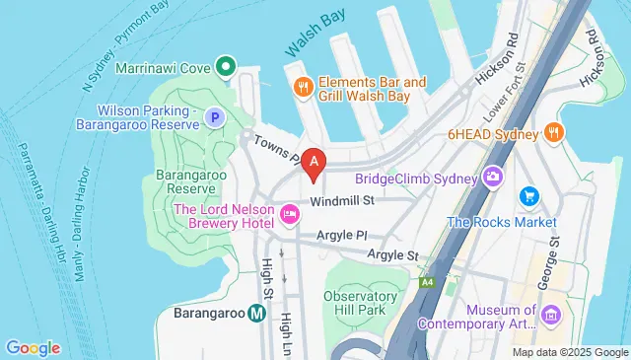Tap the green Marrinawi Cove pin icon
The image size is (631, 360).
[225, 69]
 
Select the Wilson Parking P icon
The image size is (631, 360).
[213, 118]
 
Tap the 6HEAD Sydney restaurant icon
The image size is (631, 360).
[555, 132]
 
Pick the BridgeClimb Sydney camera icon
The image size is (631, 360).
[491, 177]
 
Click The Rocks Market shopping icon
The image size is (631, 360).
[528, 196]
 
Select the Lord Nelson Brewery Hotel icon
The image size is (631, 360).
[289, 213]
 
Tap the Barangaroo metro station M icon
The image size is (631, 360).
[256, 314]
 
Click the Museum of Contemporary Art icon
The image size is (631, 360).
[550, 315]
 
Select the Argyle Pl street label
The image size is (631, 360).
[341, 237]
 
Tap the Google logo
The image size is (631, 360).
[33, 347]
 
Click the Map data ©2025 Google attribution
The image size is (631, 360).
[570, 352]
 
